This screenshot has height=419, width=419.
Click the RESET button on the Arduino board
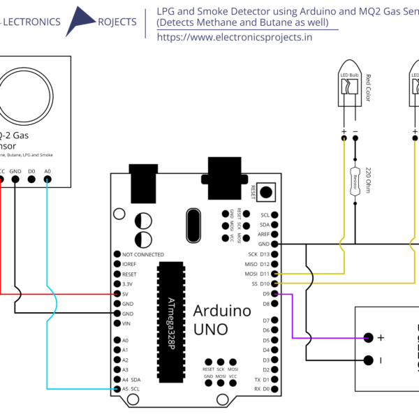(265, 191)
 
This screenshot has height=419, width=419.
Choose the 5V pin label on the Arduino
(126, 295)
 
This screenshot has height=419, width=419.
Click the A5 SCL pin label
(131, 389)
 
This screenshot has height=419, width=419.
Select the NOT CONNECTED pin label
(142, 255)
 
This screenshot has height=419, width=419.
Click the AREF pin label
(263, 235)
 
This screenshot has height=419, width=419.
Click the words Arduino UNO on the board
(220, 318)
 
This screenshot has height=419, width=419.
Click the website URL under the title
(235, 38)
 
